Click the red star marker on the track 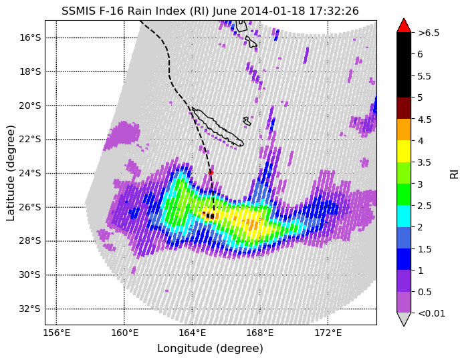click(x=211, y=172)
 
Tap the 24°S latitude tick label click(x=29, y=173)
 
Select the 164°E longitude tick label click(x=193, y=333)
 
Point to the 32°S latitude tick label click(x=29, y=309)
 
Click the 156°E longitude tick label click(x=56, y=333)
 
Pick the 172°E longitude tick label click(x=328, y=333)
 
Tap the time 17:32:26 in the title click(x=334, y=11)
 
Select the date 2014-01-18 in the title click(x=273, y=11)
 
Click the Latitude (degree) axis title click(x=11, y=173)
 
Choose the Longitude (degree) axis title click(x=210, y=349)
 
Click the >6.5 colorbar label click(x=429, y=33)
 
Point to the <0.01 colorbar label click(x=431, y=313)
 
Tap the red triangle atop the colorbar click(x=404, y=26)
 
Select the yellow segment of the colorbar click(x=404, y=152)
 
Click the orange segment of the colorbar click(x=404, y=130)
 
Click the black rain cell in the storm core click(x=210, y=216)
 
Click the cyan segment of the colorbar click(x=404, y=216)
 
